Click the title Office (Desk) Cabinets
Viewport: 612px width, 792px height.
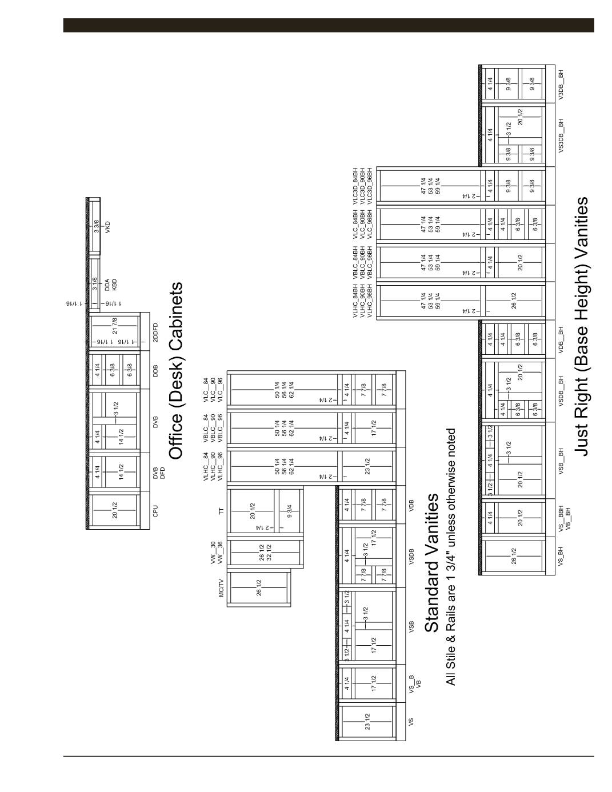tap(175, 370)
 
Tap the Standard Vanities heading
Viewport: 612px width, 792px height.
tap(433, 563)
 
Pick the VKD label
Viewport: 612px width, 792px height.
tap(106, 226)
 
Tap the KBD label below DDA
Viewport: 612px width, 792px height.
tap(114, 284)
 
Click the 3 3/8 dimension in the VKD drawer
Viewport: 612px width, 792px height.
tap(96, 226)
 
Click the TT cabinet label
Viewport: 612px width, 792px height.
tap(221, 510)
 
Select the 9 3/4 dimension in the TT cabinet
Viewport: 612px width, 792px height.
tap(290, 510)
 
